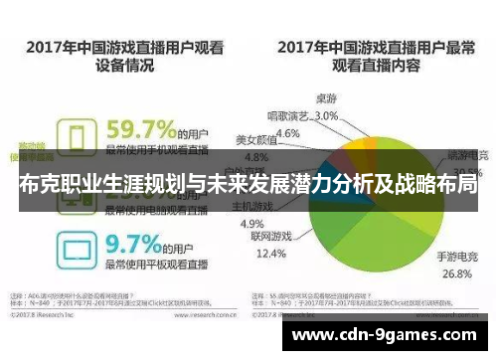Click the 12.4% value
click(x=269, y=255)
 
